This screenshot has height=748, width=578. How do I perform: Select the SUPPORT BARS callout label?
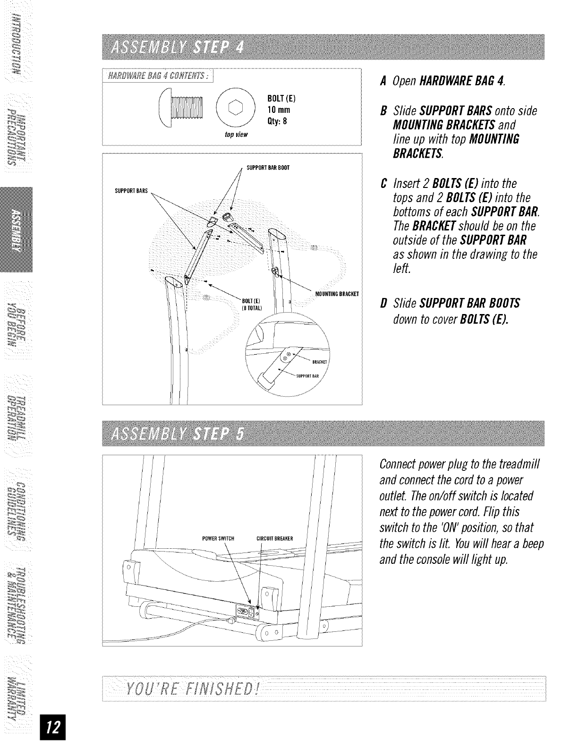pos(132,191)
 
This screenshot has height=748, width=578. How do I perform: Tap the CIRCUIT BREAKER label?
pos(274,538)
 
